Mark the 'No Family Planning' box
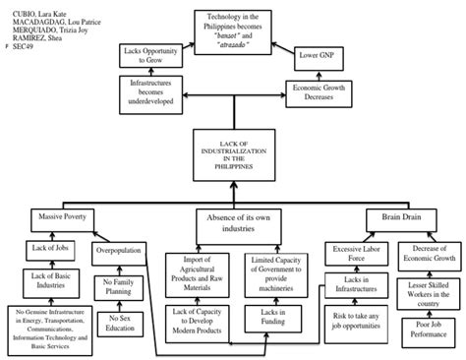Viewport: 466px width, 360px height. tap(119, 287)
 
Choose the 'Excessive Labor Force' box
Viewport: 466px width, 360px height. tap(357, 251)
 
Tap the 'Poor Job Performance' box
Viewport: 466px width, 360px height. tap(418, 324)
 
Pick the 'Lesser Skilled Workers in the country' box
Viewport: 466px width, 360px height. tap(418, 289)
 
